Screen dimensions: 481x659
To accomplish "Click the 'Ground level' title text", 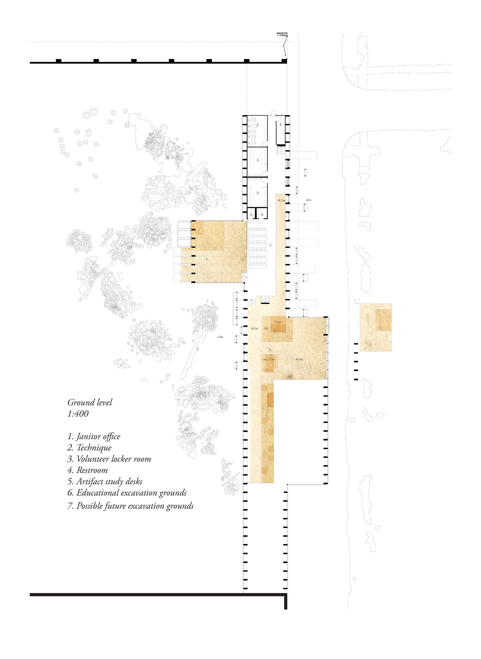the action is (90, 402).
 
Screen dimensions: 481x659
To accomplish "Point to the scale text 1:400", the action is (78, 414).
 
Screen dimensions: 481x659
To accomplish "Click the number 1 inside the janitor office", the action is (258, 124).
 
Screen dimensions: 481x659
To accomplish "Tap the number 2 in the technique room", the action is (281, 124).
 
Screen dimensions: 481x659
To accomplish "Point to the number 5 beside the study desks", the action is (271, 245).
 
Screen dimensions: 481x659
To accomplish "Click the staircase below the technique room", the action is (282, 151).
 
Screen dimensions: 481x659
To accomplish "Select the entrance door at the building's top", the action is (273, 113).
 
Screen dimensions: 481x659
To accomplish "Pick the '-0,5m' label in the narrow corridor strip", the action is (281, 200).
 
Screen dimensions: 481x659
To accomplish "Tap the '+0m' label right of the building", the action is (309, 200).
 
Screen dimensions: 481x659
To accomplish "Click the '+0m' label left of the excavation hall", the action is (220, 337).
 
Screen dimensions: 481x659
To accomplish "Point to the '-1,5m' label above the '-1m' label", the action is (278, 322).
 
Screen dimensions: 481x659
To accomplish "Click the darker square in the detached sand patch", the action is (384, 320).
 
